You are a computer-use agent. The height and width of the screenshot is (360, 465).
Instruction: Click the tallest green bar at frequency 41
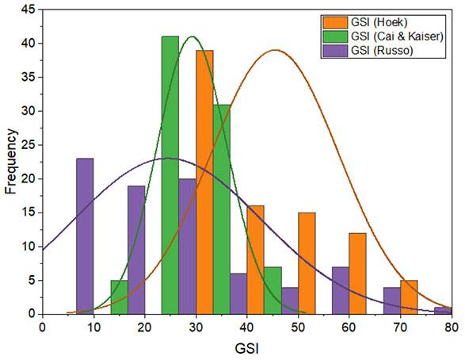click(170, 175)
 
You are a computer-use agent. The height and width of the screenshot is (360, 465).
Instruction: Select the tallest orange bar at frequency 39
click(204, 182)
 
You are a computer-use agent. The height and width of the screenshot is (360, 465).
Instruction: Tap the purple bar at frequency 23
click(85, 236)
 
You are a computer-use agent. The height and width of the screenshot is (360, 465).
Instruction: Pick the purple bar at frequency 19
click(136, 250)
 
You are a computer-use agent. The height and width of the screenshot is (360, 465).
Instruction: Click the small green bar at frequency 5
click(119, 297)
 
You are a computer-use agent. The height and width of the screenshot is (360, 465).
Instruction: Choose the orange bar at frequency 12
click(357, 274)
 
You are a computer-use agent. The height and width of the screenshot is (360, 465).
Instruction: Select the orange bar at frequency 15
click(307, 263)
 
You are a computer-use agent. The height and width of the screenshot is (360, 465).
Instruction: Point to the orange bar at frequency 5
click(409, 297)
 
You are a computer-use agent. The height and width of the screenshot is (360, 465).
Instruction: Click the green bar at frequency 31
click(222, 209)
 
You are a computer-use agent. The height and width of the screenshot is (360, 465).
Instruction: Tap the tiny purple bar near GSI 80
click(444, 311)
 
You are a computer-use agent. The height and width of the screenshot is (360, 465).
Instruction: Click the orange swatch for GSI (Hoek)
click(335, 22)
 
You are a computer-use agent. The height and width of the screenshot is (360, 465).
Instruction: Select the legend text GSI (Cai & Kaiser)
click(397, 36)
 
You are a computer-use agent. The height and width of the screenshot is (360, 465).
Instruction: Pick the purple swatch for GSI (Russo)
click(335, 51)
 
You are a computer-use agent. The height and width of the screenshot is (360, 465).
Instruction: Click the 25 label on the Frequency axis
click(29, 145)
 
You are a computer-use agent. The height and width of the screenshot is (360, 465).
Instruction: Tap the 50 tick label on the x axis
click(299, 327)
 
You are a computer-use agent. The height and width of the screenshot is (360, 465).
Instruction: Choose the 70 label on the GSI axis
click(401, 327)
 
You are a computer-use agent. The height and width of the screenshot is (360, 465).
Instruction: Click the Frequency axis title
click(11, 162)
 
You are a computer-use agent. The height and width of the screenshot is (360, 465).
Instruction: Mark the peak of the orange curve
click(276, 50)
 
